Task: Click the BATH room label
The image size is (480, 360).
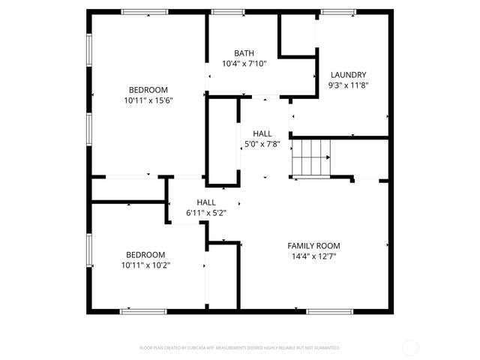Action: (x=244, y=53)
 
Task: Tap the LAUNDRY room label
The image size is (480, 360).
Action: (x=349, y=75)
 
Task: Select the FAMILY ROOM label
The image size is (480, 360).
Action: (x=313, y=246)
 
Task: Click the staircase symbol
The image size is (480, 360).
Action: (x=310, y=157)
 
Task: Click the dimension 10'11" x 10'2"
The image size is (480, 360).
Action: (x=145, y=265)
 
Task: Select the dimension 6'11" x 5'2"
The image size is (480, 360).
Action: (x=206, y=213)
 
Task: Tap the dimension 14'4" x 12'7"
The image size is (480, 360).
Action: (x=313, y=256)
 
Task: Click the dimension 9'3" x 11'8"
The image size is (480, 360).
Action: (x=349, y=85)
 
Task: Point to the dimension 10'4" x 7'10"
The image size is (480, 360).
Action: (x=244, y=64)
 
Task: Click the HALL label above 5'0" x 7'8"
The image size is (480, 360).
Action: (x=262, y=133)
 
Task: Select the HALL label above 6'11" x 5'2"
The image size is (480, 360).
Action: (x=206, y=202)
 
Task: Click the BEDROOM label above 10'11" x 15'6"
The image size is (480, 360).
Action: (x=148, y=90)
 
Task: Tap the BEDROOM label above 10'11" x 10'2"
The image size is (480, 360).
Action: (x=145, y=254)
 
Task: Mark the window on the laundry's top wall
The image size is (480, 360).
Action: (x=338, y=12)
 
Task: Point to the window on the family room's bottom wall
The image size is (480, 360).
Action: (x=330, y=310)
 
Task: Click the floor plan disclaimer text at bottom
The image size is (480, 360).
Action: (x=240, y=348)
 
